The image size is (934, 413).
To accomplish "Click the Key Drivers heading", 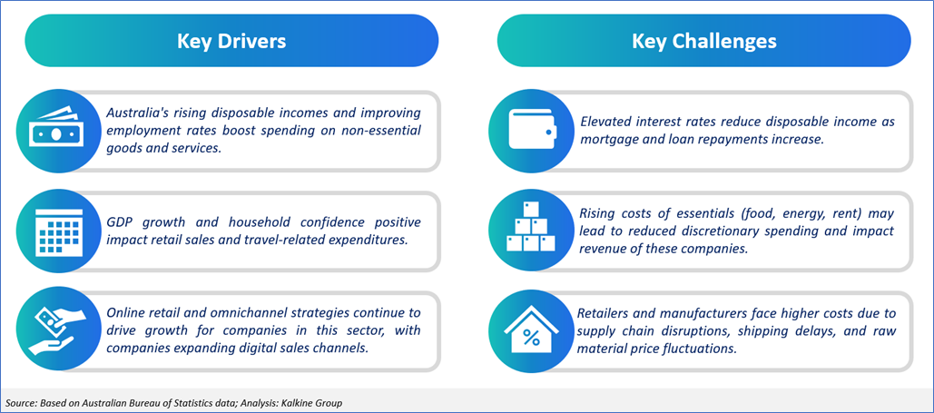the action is [231, 42].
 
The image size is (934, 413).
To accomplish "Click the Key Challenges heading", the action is [704, 42].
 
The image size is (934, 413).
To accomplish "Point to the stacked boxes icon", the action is [530, 226].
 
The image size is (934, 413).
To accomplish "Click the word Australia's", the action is [135, 113].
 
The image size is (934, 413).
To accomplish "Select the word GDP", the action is [119, 222].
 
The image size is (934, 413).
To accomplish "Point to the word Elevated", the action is [601, 123].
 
